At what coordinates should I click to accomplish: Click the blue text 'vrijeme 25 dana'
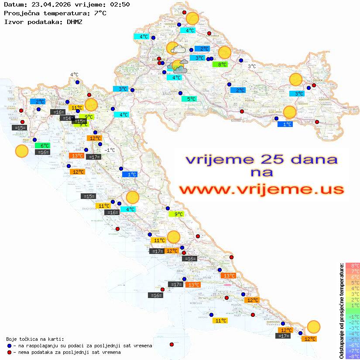[x=261, y=159]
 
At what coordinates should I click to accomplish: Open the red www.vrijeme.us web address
[x=261, y=189]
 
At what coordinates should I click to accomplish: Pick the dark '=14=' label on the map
[x=67, y=118]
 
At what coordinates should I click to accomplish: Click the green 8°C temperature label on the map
[x=222, y=65]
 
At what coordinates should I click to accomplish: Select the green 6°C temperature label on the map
[x=45, y=146]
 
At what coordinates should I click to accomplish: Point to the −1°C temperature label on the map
[x=110, y=150]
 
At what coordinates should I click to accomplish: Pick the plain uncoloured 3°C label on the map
[x=252, y=66]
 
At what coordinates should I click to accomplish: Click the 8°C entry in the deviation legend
[x=352, y=265]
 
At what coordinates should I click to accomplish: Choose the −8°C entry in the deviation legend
[x=352, y=356]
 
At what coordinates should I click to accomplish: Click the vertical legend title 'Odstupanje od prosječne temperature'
[x=341, y=310]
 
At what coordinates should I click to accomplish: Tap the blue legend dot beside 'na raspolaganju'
[x=9, y=346]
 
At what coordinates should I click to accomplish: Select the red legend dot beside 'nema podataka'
[x=9, y=352]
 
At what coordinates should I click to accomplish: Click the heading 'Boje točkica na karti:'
[x=35, y=339]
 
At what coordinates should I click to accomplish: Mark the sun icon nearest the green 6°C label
[x=21, y=151]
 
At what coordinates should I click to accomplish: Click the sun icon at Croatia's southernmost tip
[x=313, y=326]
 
